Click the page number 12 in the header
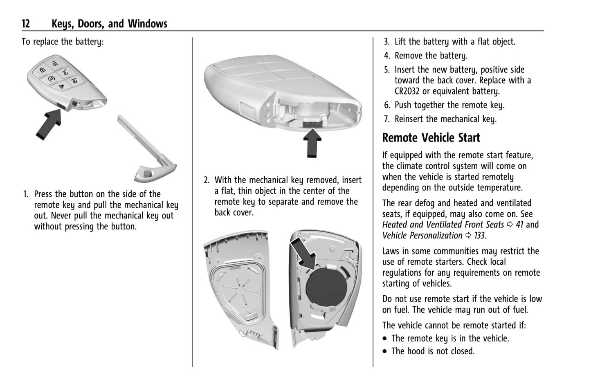(26, 24)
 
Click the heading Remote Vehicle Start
(431, 138)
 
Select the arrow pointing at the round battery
(303, 254)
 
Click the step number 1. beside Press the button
(26, 194)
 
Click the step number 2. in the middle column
(207, 180)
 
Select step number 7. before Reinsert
(387, 119)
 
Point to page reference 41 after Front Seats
(519, 225)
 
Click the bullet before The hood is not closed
(385, 351)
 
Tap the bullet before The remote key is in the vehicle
(385, 339)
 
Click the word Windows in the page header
(148, 24)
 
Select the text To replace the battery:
(63, 42)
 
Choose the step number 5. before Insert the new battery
(387, 70)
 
